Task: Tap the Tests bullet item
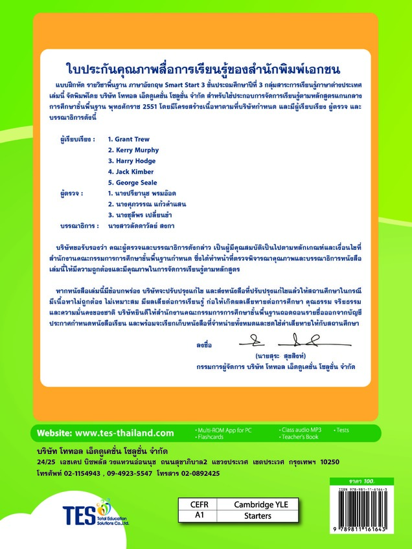(343, 430)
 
